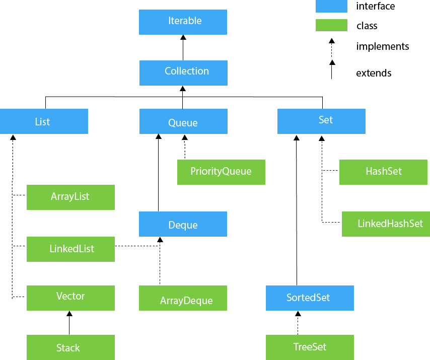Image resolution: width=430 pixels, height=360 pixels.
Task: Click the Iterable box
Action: (x=183, y=22)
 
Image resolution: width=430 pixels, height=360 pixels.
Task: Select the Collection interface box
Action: (x=183, y=73)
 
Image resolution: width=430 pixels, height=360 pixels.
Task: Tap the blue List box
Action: (x=44, y=121)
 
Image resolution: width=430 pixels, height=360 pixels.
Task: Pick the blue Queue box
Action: (x=183, y=121)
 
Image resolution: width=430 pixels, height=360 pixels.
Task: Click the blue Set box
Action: (x=321, y=121)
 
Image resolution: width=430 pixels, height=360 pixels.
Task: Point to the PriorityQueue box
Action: (x=221, y=172)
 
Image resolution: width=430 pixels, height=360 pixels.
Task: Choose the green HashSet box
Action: (x=383, y=172)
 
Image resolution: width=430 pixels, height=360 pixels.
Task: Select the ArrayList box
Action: (x=70, y=197)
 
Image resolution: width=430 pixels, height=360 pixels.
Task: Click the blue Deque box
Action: (x=183, y=224)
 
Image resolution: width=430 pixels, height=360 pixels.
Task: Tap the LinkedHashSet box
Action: (x=386, y=224)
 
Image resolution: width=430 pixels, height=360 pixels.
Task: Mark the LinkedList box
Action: (x=70, y=249)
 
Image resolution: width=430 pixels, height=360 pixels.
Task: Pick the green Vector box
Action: (x=70, y=298)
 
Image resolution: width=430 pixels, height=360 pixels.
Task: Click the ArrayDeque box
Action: (x=183, y=298)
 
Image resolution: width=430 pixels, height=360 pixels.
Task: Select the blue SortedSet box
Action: (x=310, y=298)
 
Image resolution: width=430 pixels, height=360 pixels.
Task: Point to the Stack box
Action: (x=70, y=347)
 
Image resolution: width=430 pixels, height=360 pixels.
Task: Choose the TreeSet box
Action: (x=310, y=347)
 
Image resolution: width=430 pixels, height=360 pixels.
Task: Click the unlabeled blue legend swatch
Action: (x=331, y=6)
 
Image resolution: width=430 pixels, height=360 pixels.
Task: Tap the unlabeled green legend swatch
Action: (x=331, y=25)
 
